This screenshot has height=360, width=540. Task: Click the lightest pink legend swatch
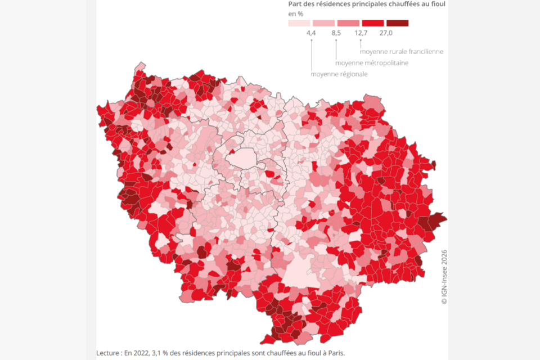pos(299,23)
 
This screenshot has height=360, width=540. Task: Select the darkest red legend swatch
pos(398,23)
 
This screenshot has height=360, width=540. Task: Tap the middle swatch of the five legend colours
pos(348,23)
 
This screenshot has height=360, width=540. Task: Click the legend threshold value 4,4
pos(311,34)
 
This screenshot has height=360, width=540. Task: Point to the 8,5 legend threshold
pos(336,34)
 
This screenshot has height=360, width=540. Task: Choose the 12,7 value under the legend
pos(361,34)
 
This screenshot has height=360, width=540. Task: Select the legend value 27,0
pos(386,34)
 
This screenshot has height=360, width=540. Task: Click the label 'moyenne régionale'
pos(339,74)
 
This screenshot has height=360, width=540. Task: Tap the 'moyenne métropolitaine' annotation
pos(372,62)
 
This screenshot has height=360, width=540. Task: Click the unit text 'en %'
pos(296,13)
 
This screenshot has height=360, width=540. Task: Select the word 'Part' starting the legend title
pos(296,4)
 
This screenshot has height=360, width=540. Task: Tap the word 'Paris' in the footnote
pos(332,353)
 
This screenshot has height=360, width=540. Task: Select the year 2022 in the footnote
pos(143,353)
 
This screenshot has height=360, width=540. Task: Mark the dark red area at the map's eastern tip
pos(435,220)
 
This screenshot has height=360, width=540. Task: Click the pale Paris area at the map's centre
pos(240,159)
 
